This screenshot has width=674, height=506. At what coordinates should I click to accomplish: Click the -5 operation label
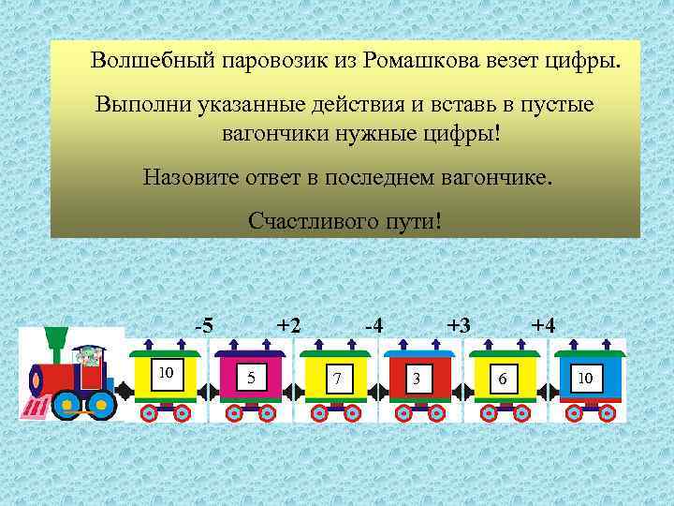point(203,326)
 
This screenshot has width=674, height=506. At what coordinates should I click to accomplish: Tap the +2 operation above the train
point(288,326)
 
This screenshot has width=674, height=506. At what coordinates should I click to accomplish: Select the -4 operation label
point(373,326)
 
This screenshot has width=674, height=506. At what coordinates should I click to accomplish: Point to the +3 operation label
point(458,326)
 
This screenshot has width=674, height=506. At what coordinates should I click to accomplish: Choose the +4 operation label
point(543,326)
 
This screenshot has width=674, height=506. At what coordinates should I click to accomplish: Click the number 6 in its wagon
point(503,379)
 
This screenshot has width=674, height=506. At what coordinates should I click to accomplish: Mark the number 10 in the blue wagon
point(586,377)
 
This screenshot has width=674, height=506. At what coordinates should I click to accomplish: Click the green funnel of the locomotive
point(57,336)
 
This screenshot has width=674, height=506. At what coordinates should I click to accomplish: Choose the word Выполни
point(142,103)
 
